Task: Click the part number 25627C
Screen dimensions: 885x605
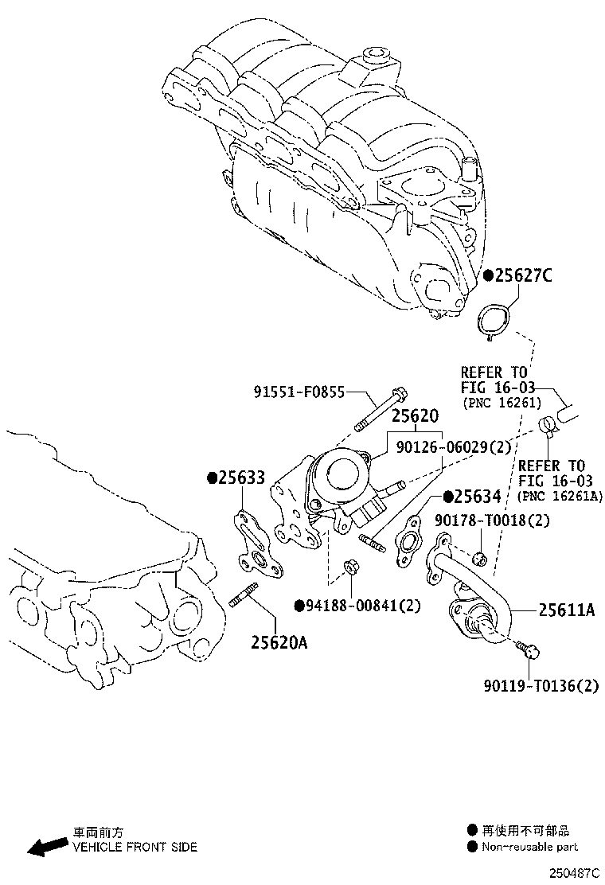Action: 522,276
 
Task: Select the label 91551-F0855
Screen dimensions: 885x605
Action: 299,392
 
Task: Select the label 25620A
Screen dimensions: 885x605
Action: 279,642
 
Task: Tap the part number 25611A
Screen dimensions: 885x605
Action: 567,610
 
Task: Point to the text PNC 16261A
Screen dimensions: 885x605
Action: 560,496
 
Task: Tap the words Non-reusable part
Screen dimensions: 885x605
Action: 529,848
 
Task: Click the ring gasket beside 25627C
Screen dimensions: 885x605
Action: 493,321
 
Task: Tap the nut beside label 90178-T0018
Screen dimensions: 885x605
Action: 478,558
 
